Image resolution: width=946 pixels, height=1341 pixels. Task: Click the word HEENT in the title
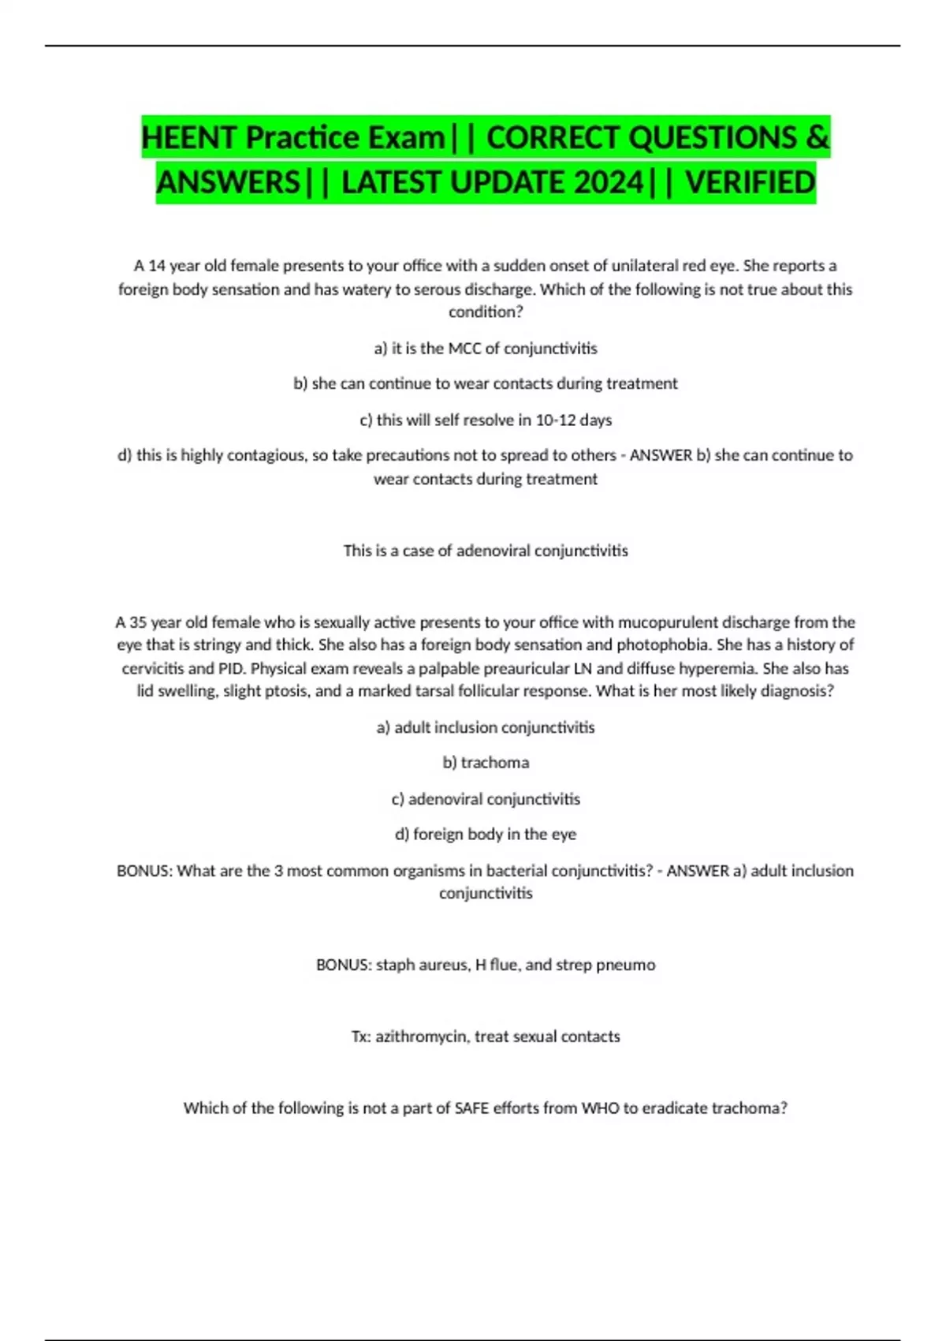pos(190,138)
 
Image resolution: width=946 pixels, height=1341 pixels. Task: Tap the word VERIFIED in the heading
pos(750,183)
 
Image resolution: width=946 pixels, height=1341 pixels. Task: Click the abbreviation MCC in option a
pos(464,349)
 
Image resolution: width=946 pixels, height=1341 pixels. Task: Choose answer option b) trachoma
pos(486,763)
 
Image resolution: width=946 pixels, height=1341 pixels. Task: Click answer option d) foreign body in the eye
pos(486,835)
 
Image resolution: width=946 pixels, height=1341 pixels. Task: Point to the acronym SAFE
pos(472,1108)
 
